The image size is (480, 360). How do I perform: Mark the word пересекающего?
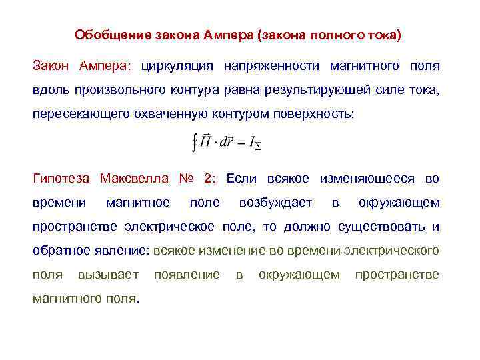[x=75, y=114]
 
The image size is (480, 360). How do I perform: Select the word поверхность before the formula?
[x=319, y=114]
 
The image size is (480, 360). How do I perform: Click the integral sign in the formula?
[x=194, y=142]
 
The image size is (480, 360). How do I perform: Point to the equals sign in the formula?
[x=243, y=143]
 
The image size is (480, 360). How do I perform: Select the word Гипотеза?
[x=61, y=178]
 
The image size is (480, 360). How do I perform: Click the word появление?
[x=187, y=274]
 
